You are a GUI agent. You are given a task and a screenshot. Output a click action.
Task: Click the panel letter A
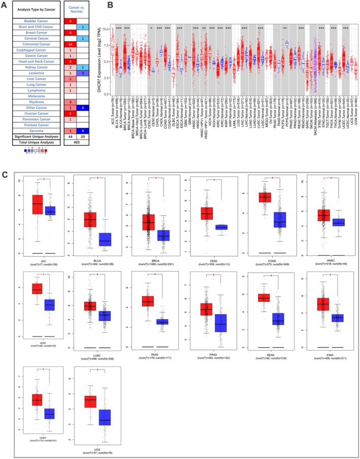point(5,4)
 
